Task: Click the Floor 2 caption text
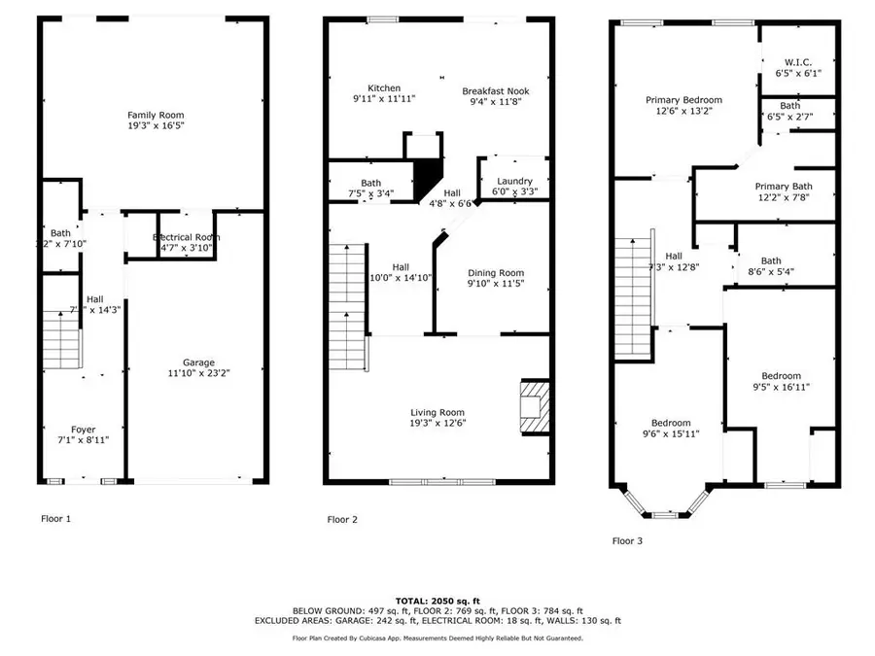pyautogui.click(x=342, y=520)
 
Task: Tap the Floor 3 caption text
pyautogui.click(x=626, y=541)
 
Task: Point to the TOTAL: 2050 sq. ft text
pyautogui.click(x=437, y=600)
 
